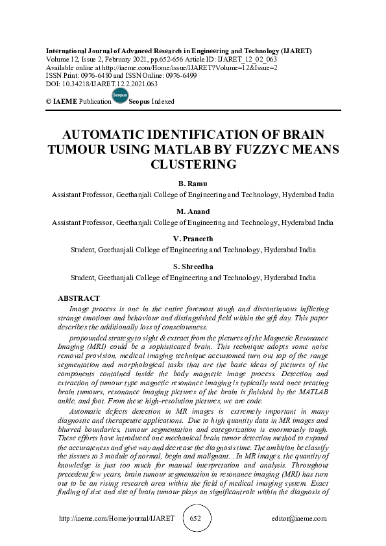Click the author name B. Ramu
click(x=193, y=184)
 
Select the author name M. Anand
click(x=193, y=211)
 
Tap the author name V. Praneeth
click(x=193, y=239)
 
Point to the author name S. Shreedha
click(x=193, y=267)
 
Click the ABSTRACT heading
click(x=78, y=298)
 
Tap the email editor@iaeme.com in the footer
click(x=300, y=519)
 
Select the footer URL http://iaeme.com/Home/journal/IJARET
click(x=117, y=519)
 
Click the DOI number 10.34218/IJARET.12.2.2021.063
click(x=108, y=84)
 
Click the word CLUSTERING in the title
click(x=193, y=164)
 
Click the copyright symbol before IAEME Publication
click(x=48, y=102)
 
